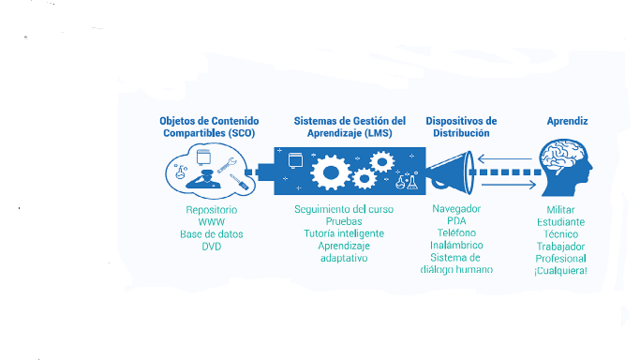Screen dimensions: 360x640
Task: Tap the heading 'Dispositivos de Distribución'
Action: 461,127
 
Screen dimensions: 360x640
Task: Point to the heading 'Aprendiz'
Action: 567,121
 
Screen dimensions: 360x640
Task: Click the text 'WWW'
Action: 211,222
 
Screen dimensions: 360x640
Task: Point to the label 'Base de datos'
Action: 211,234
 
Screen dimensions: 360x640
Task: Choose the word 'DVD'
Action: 211,246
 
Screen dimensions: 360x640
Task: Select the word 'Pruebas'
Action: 343,222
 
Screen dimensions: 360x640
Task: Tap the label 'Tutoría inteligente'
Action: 343,234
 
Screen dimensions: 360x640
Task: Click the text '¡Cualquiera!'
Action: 561,270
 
